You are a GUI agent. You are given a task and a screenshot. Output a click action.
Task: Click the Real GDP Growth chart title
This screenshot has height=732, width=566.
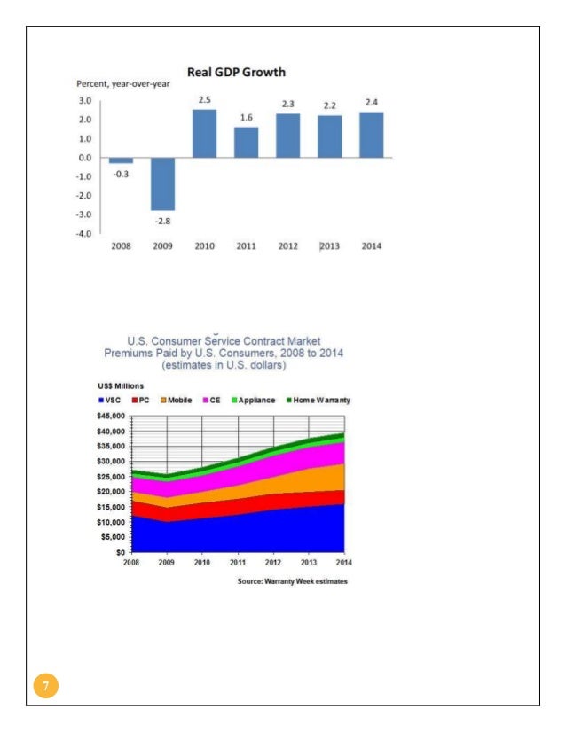pyautogui.click(x=236, y=73)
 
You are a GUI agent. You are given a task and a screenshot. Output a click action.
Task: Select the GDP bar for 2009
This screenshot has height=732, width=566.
pyautogui.click(x=162, y=184)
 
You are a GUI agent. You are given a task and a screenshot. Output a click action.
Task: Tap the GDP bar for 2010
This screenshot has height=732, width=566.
pyautogui.click(x=205, y=134)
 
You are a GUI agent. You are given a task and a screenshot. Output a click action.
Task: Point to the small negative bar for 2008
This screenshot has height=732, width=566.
pyautogui.click(x=121, y=160)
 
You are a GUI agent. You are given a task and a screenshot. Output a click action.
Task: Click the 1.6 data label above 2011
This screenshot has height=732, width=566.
pyautogui.click(x=247, y=118)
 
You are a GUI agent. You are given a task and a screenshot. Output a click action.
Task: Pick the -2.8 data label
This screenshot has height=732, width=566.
pyautogui.click(x=162, y=221)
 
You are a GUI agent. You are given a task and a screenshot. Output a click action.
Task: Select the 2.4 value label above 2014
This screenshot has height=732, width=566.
pyautogui.click(x=372, y=102)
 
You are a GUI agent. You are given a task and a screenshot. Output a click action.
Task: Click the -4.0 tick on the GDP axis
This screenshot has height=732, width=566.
pyautogui.click(x=83, y=233)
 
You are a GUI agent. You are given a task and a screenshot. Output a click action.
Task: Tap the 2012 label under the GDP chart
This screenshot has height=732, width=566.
pyautogui.click(x=288, y=246)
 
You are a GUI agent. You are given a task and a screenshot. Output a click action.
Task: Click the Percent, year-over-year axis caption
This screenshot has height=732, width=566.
pyautogui.click(x=123, y=84)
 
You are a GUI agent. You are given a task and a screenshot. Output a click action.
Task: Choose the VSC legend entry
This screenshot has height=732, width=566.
pyautogui.click(x=110, y=400)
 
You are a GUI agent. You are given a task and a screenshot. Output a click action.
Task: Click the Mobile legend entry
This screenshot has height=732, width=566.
pyautogui.click(x=177, y=400)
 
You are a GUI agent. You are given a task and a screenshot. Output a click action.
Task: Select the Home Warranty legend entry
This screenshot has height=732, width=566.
pyautogui.click(x=318, y=400)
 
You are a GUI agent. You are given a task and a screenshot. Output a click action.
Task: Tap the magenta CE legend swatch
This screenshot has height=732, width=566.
pyautogui.click(x=205, y=400)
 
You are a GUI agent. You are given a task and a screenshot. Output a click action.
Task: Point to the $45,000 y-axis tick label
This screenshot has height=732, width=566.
pyautogui.click(x=111, y=416)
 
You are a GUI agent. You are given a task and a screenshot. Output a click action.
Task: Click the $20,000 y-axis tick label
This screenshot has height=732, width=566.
pyautogui.click(x=111, y=492)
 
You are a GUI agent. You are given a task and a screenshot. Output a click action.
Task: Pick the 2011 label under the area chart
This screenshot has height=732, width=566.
pyautogui.click(x=238, y=563)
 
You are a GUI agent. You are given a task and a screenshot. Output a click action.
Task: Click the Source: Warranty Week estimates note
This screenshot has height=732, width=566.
pyautogui.click(x=293, y=581)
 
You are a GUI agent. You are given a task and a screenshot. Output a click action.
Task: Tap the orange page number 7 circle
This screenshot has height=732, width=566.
pyautogui.click(x=46, y=685)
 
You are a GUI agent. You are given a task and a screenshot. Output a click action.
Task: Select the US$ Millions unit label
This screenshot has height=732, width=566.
pyautogui.click(x=121, y=386)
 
